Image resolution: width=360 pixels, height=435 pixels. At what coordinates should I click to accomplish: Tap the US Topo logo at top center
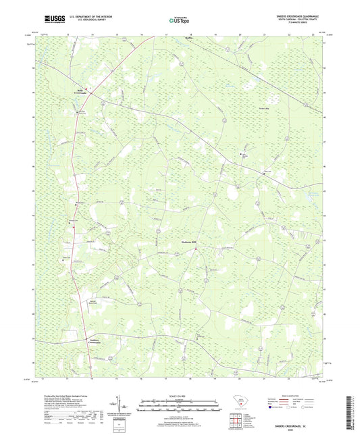tap(177, 22)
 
